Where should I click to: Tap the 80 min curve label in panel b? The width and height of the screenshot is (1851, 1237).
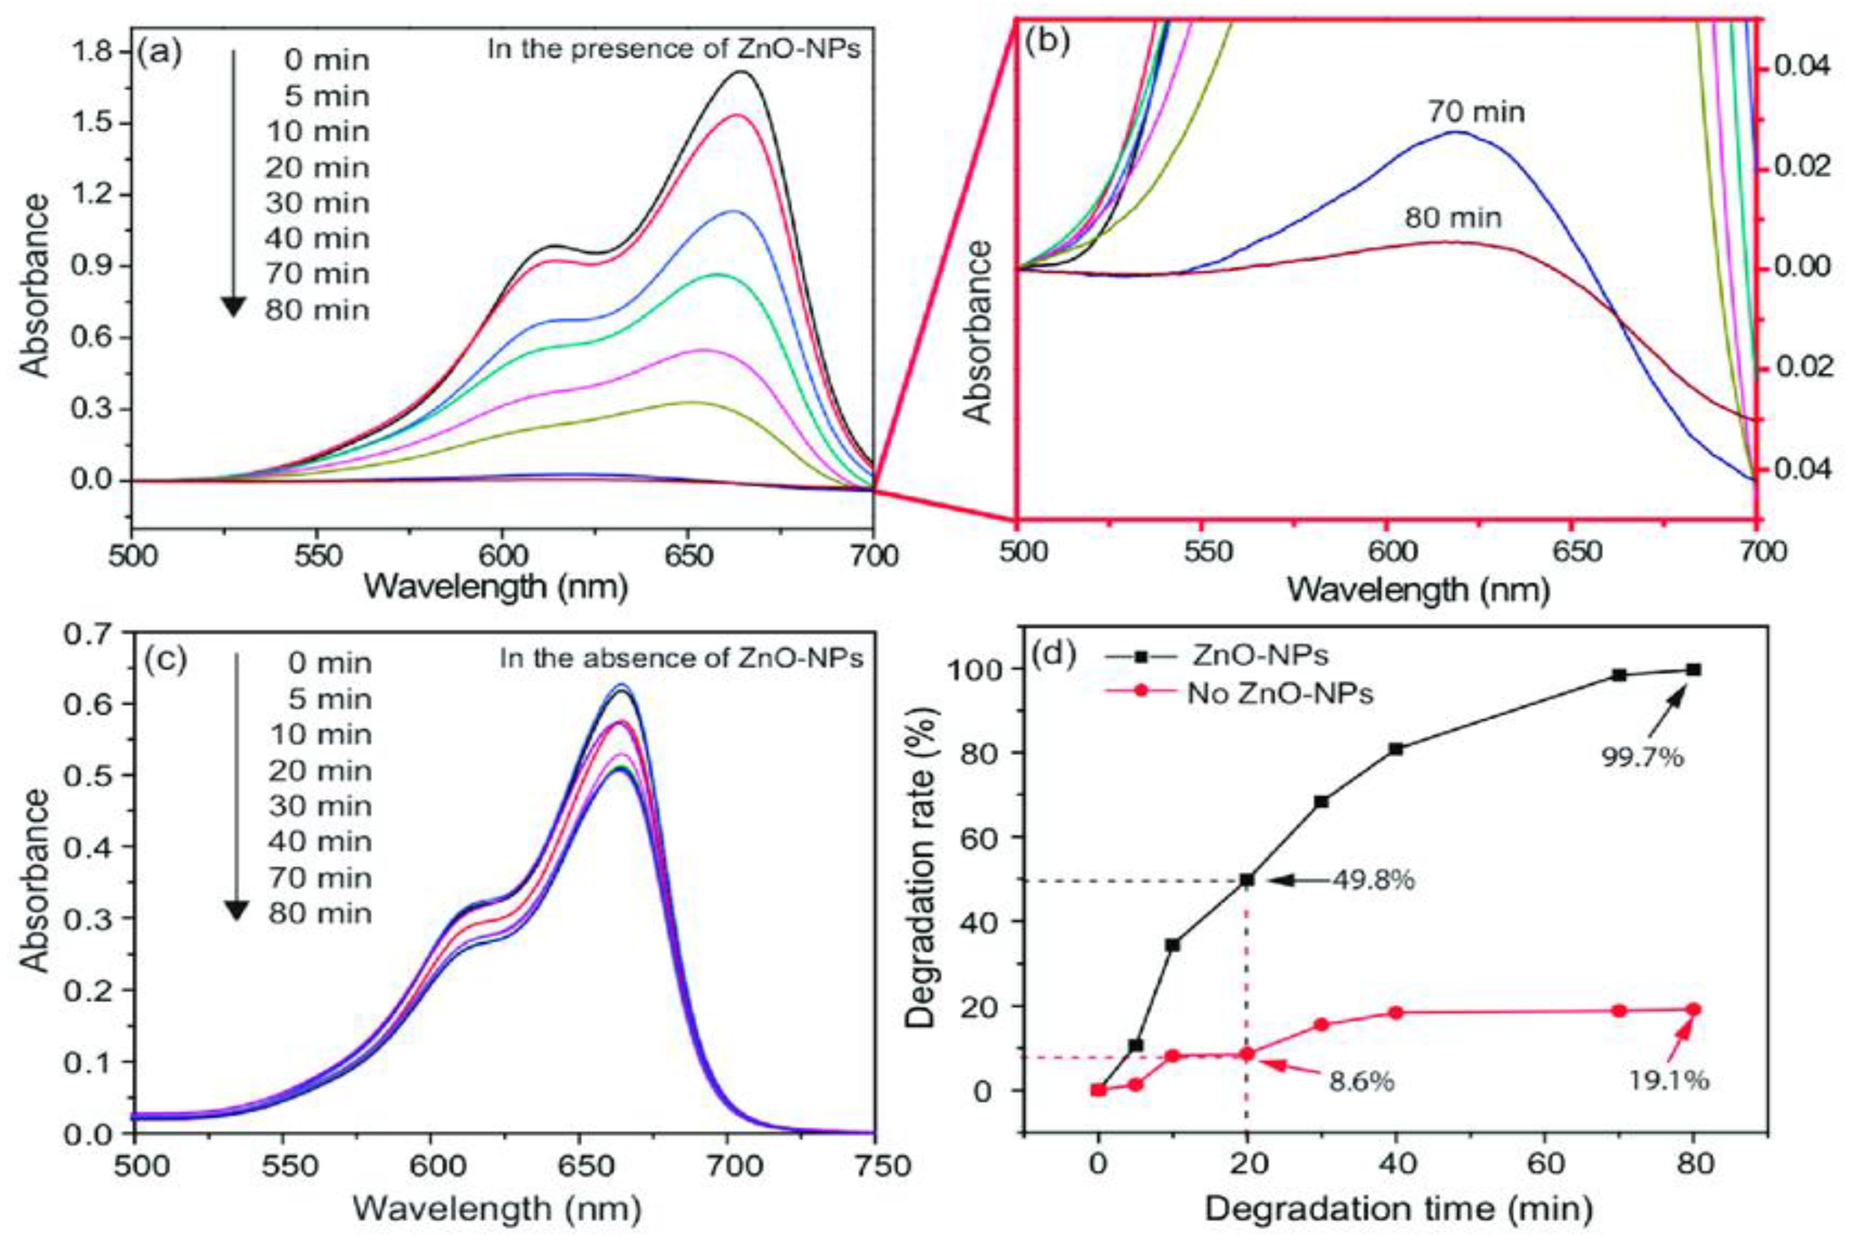(1453, 217)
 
